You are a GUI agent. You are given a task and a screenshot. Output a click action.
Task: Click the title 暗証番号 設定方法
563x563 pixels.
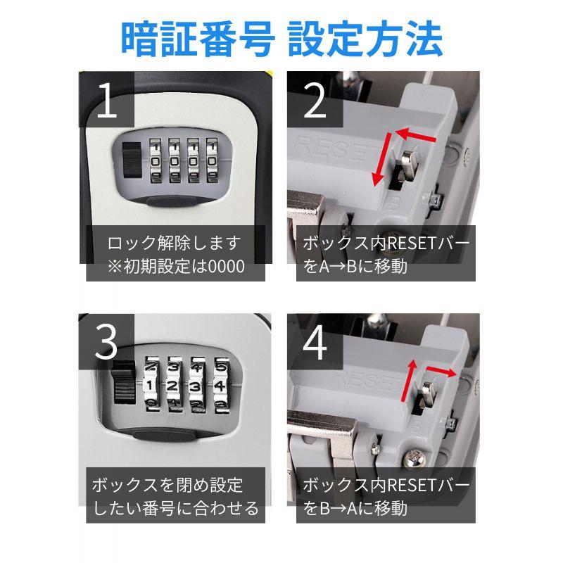281,39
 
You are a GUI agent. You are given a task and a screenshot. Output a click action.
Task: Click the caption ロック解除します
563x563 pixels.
174,243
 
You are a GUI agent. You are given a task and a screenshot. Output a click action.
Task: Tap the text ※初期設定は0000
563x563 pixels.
174,267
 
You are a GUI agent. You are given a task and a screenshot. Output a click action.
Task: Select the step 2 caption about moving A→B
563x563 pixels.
386,255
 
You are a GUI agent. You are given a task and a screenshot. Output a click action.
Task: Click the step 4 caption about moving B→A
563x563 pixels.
386,497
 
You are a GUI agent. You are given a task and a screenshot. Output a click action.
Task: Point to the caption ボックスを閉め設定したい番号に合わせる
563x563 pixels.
175,497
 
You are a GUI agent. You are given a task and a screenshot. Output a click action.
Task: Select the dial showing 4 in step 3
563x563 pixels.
220,386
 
